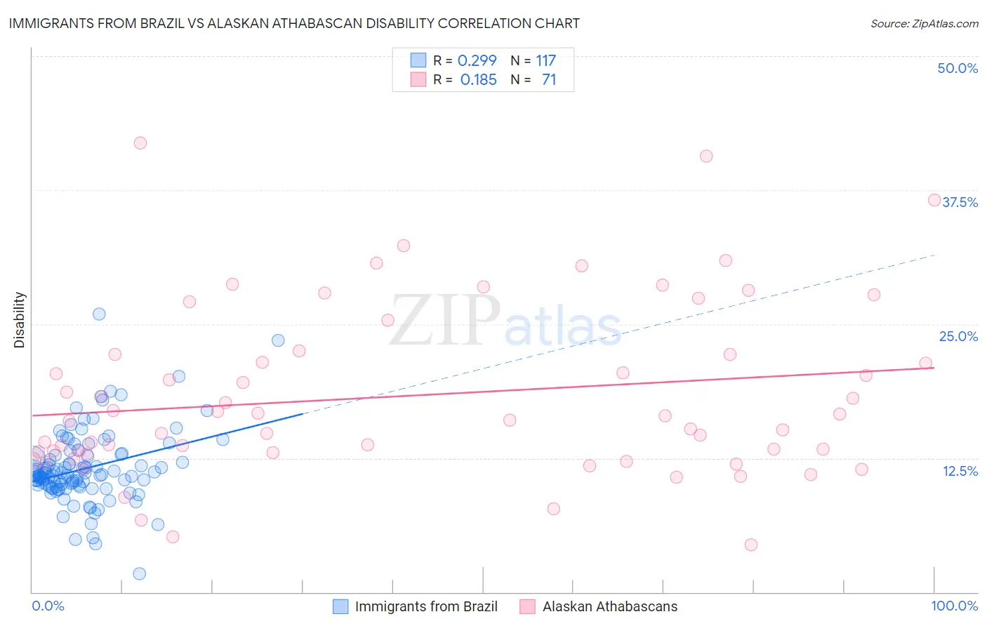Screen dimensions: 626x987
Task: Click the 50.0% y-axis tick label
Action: click(x=957, y=68)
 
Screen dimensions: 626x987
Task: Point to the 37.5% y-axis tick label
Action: click(x=960, y=202)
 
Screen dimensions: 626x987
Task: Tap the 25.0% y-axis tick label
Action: click(x=958, y=336)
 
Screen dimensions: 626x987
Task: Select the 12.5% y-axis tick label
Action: click(x=960, y=471)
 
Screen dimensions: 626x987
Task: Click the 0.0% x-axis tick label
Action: click(x=48, y=606)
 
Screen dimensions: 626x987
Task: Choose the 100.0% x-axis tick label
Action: click(x=954, y=606)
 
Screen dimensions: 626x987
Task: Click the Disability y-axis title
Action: click(x=20, y=320)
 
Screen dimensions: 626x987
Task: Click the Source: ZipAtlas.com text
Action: click(x=924, y=23)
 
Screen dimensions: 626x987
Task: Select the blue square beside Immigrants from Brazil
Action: click(x=340, y=606)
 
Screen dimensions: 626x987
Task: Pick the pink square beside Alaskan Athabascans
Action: click(x=528, y=606)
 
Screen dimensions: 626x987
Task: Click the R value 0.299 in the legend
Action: click(x=477, y=60)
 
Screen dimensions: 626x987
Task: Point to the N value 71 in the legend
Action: click(x=548, y=80)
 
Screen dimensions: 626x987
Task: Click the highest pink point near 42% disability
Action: click(x=140, y=142)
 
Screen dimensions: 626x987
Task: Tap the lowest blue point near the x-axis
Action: click(x=139, y=573)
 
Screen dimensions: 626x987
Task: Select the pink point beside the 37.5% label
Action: click(x=934, y=200)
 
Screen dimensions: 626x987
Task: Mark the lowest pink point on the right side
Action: click(x=751, y=545)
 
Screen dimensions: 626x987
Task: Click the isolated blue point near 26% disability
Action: click(x=99, y=314)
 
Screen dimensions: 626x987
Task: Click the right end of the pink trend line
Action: click(x=934, y=367)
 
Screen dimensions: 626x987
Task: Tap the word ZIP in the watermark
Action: click(x=444, y=321)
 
